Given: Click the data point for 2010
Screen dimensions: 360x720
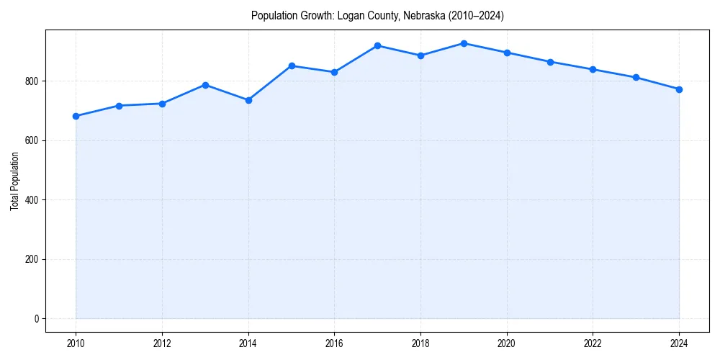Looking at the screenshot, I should pos(76,116).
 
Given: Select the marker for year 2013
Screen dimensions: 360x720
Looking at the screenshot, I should pos(205,85).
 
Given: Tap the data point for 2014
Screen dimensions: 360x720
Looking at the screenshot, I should pos(248,100).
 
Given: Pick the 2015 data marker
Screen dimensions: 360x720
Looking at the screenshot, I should pos(292,66).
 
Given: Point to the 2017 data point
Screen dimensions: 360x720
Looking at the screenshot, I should pos(377,45).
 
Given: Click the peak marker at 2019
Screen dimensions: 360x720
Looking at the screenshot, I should pos(464,43).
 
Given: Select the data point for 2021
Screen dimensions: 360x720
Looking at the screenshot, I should pos(550,62).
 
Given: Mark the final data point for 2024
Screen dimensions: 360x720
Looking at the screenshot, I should pos(679,89).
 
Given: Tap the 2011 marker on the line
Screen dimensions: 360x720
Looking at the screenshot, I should pos(119,106).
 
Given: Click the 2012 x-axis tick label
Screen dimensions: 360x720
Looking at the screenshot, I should pos(162,343).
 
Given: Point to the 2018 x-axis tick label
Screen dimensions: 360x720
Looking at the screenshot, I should pos(420,343).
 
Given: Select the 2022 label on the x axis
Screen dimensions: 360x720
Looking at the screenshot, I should pos(593,343).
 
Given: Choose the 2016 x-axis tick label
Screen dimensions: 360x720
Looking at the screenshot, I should pos(334,343).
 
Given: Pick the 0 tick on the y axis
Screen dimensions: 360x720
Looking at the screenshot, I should pos(37,319).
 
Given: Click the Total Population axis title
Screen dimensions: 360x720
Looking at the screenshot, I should pos(14,181).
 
